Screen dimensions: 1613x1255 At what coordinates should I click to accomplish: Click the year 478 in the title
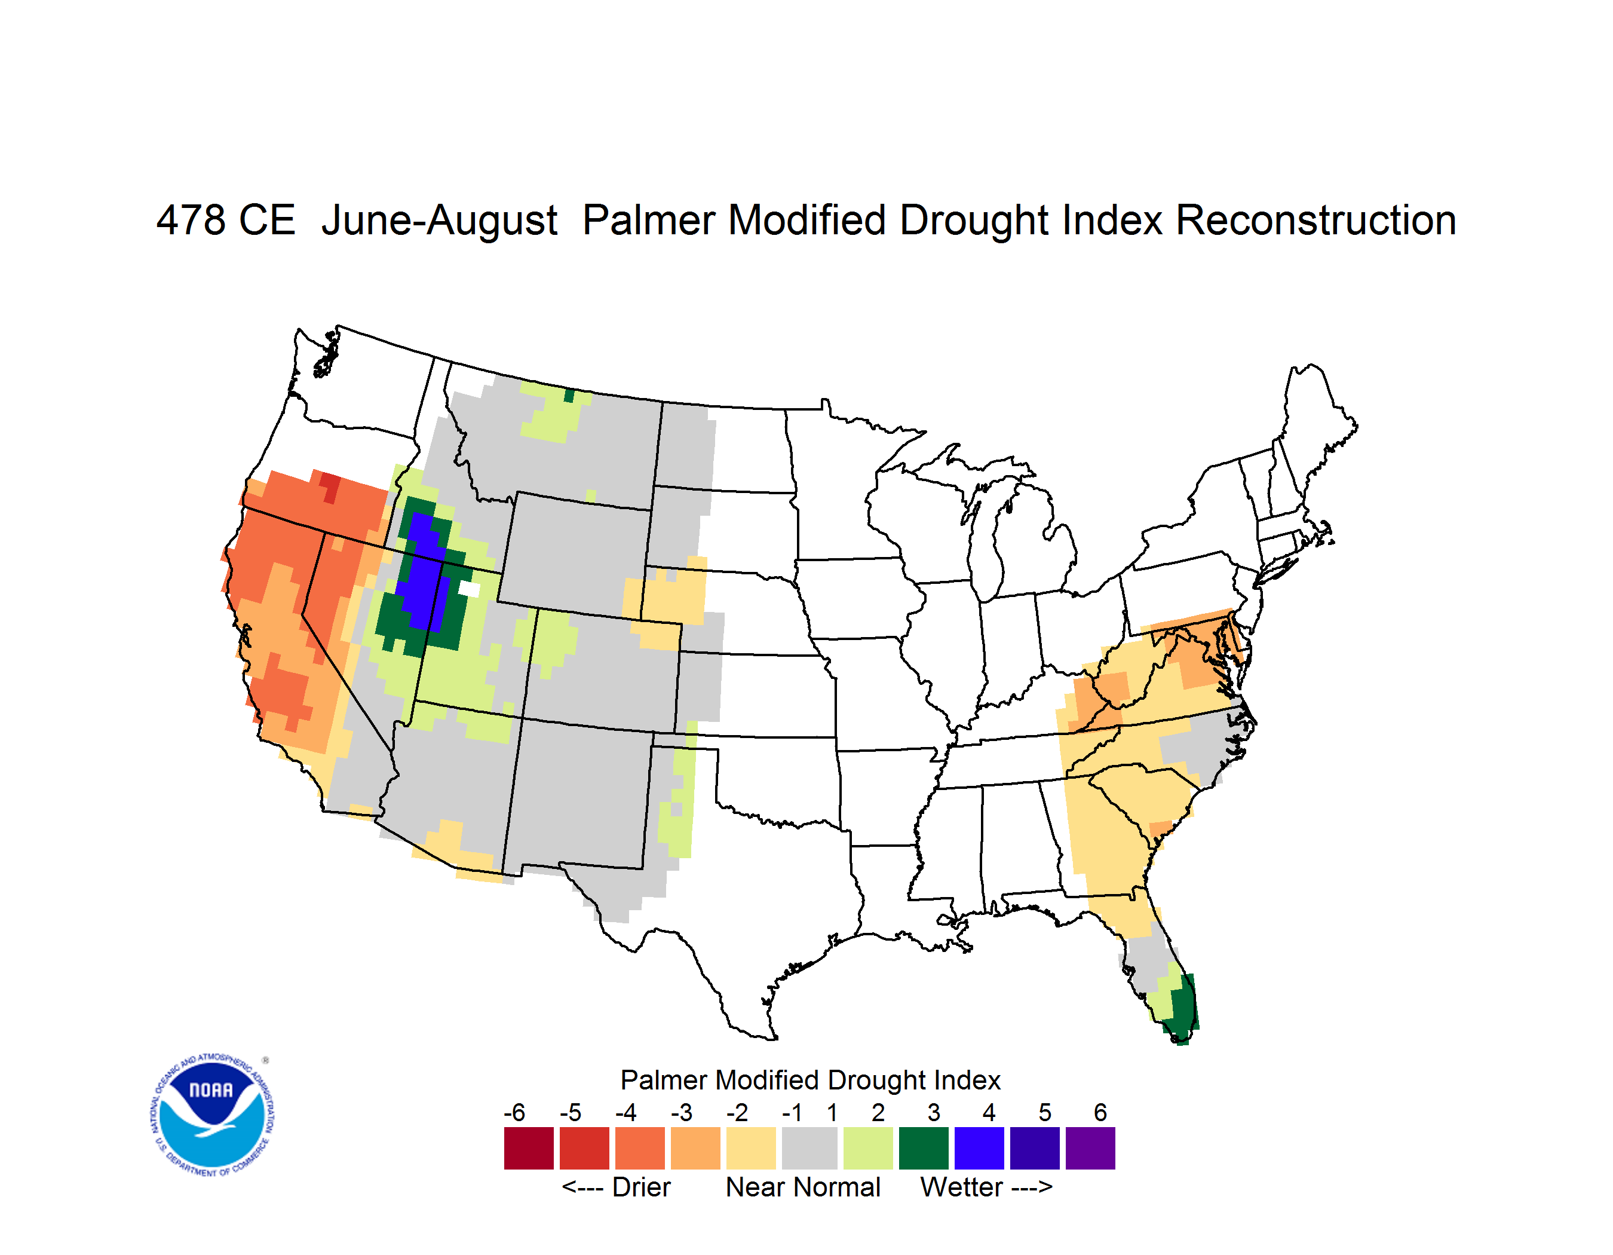coord(191,220)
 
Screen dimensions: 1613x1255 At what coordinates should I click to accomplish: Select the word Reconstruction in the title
coord(1315,220)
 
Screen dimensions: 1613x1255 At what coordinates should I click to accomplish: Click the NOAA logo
coord(213,1115)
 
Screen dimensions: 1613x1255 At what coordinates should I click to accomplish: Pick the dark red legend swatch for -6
coord(529,1148)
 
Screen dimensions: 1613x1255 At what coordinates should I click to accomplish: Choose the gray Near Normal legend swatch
coord(809,1148)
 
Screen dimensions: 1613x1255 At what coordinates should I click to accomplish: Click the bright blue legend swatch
coord(979,1148)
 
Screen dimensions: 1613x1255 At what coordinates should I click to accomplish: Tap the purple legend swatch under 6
coord(1090,1148)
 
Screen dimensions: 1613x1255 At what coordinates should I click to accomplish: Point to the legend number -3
coord(682,1112)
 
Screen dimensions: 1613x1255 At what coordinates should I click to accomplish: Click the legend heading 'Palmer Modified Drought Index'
coord(810,1080)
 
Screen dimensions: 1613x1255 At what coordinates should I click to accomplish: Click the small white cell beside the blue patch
coord(469,589)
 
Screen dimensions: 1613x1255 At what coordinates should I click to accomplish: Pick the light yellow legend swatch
coord(751,1148)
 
